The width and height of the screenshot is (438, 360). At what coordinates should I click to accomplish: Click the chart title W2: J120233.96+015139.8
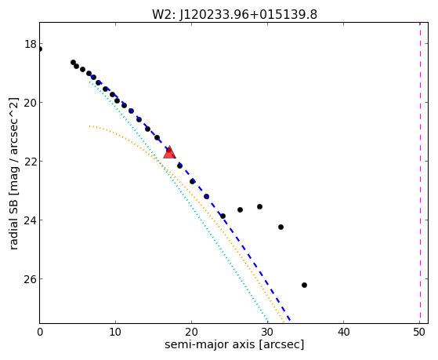tap(234, 15)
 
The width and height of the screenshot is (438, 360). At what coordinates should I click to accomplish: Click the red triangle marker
tap(169, 152)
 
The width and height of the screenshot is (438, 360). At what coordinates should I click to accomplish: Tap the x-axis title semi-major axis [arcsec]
tap(234, 344)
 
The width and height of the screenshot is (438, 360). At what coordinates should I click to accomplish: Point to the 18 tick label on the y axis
tap(31, 44)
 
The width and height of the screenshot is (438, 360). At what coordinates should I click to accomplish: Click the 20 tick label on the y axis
tap(31, 103)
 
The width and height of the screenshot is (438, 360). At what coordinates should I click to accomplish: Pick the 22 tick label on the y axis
tap(31, 162)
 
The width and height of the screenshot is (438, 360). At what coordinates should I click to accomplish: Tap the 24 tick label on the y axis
tap(31, 220)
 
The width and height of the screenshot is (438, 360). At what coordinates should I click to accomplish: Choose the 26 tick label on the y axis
tap(31, 279)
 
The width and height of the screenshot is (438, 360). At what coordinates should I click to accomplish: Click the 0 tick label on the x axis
tap(40, 332)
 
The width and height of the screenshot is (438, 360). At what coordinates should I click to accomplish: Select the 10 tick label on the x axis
tap(115, 332)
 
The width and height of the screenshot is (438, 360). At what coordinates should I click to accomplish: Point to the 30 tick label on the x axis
tap(267, 332)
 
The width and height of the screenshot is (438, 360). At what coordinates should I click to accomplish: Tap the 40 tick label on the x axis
tap(343, 332)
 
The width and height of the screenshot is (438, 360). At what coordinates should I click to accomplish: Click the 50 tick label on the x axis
tap(419, 332)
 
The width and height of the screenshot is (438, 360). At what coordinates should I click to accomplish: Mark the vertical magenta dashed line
tap(420, 173)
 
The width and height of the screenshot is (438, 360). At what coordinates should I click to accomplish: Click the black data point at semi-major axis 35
tap(304, 285)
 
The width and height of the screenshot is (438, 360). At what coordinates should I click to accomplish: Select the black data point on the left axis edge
tap(40, 49)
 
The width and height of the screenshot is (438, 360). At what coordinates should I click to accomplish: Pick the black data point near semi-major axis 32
tap(281, 227)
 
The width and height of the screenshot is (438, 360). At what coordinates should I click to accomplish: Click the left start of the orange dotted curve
tap(89, 126)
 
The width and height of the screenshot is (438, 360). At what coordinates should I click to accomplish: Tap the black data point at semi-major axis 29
tap(259, 207)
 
